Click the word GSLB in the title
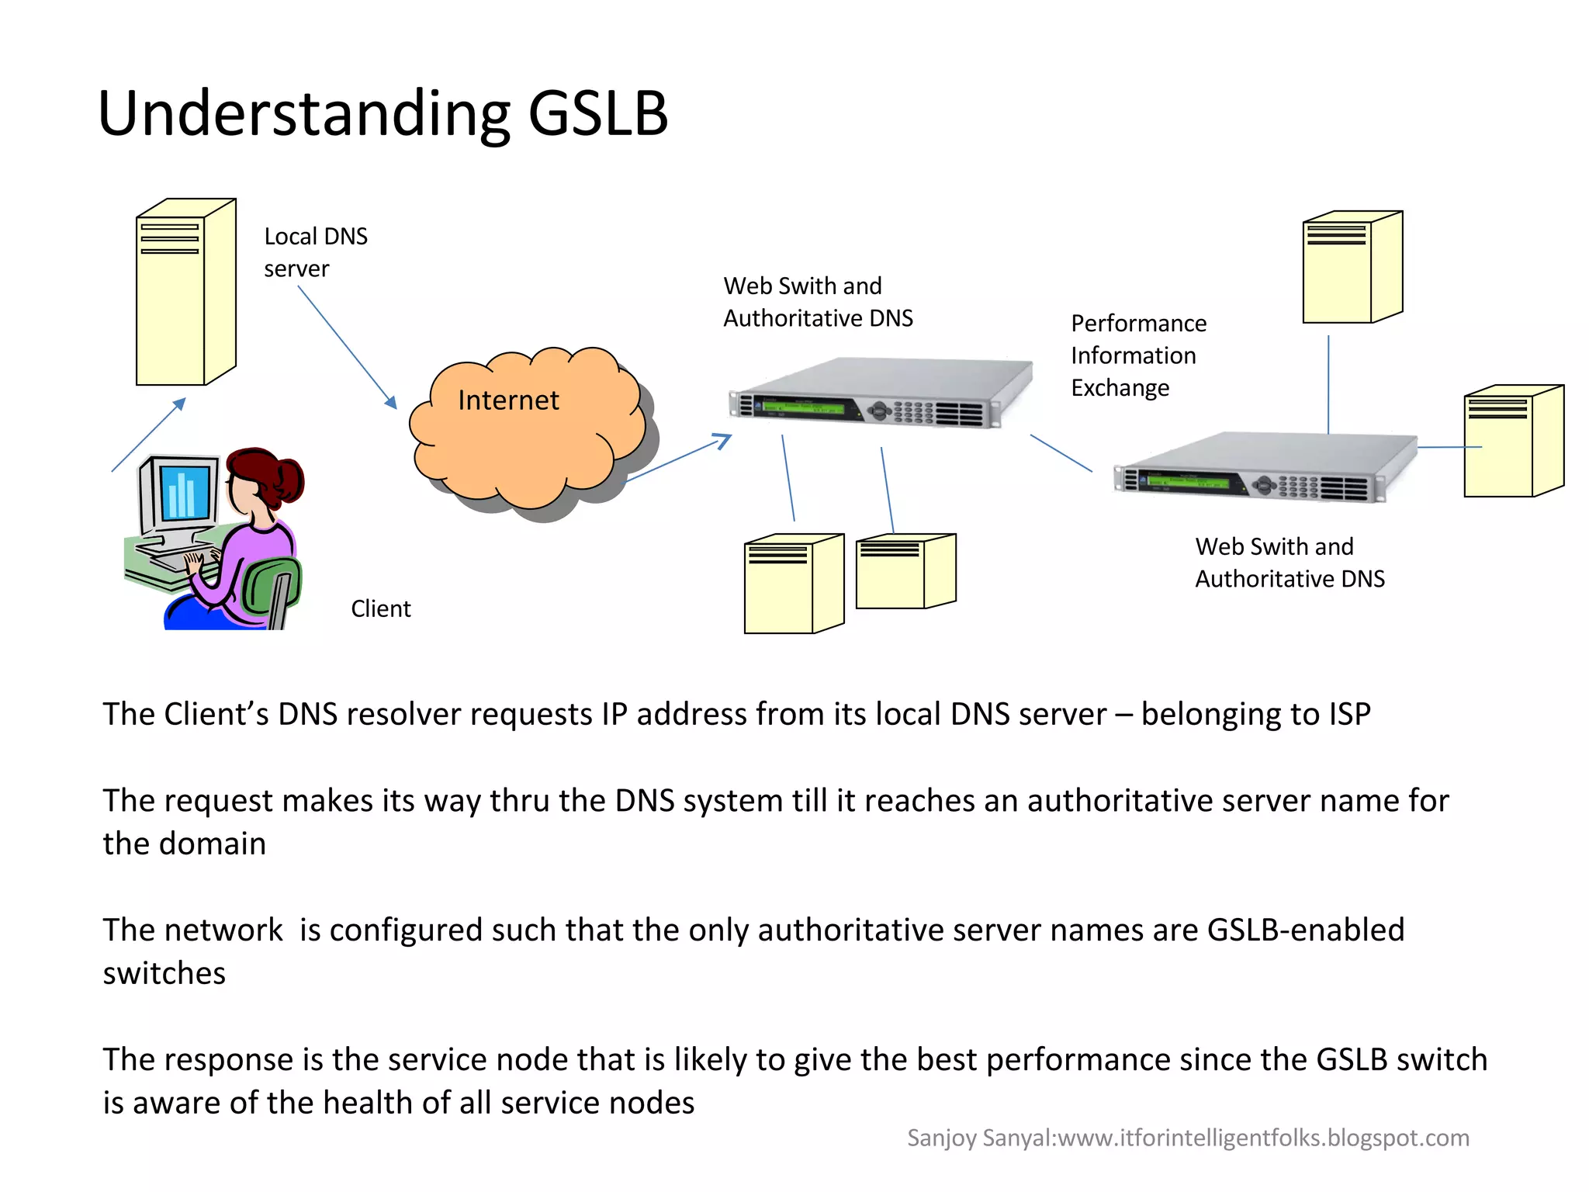click(597, 114)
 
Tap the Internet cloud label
click(508, 400)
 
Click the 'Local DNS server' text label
click(315, 252)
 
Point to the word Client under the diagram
click(380, 608)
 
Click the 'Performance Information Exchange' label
click(1137, 355)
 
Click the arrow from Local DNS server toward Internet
click(347, 347)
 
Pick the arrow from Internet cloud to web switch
click(679, 459)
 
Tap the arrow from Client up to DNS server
click(148, 435)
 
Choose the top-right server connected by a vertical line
click(1352, 268)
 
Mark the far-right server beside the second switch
click(1512, 442)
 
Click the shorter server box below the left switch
click(905, 572)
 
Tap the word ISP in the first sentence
click(1348, 714)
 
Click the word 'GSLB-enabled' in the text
click(1305, 930)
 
